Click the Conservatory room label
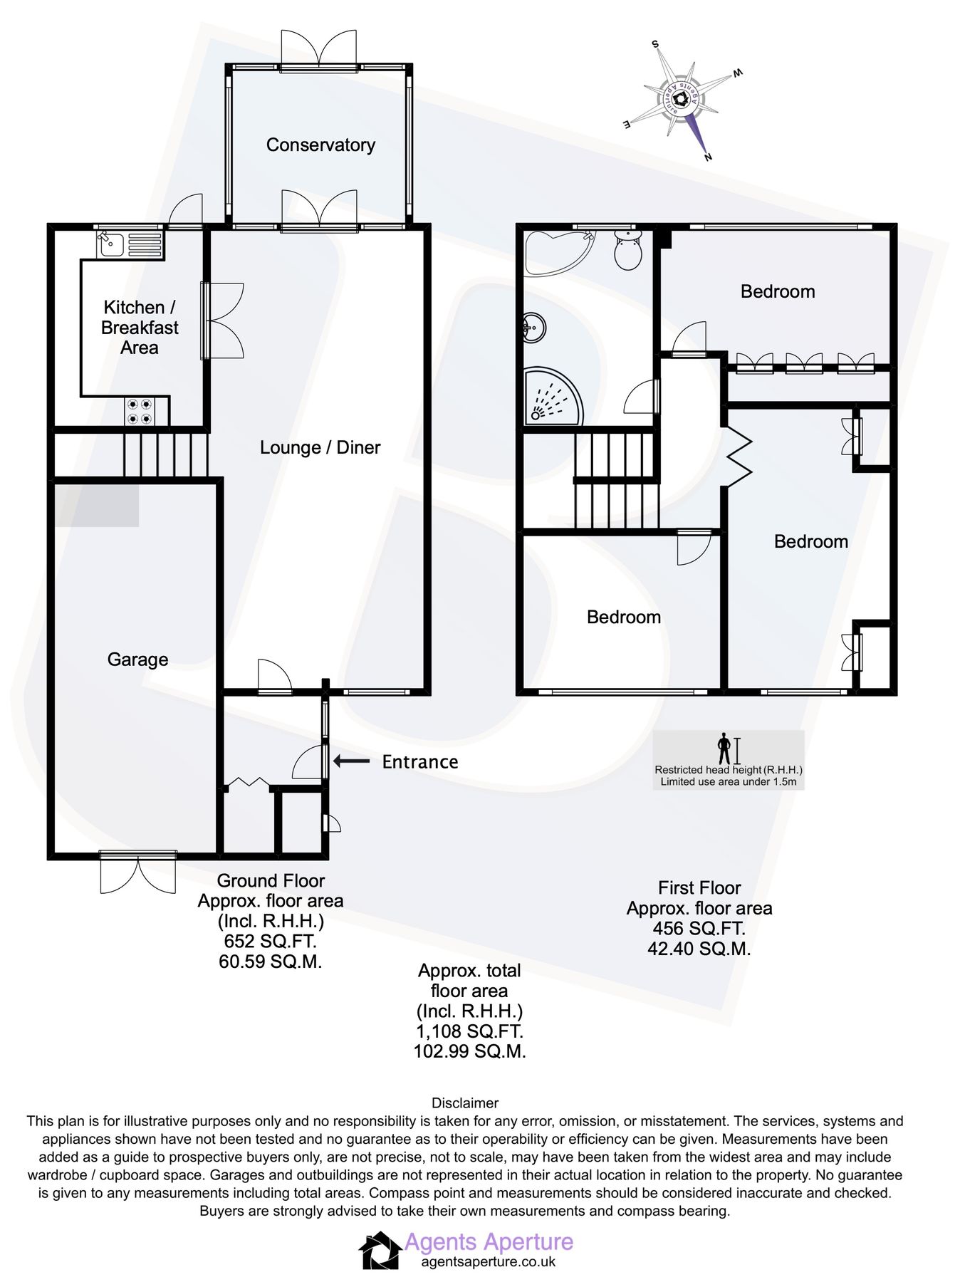click(x=320, y=145)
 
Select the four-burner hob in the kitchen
click(x=140, y=411)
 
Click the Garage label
click(x=137, y=660)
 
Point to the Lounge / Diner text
click(x=320, y=447)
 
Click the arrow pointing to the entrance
click(x=351, y=761)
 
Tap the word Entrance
click(x=419, y=762)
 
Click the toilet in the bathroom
click(x=627, y=250)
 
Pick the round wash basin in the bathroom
click(x=534, y=328)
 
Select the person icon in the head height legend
click(x=724, y=749)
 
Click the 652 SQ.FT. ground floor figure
click(x=270, y=942)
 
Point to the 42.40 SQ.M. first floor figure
click(x=699, y=949)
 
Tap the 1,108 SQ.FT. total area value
click(x=469, y=1031)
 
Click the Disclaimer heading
click(x=465, y=1103)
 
